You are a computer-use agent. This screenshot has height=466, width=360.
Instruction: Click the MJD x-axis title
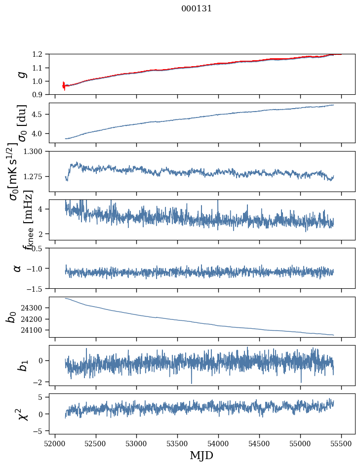tap(201, 455)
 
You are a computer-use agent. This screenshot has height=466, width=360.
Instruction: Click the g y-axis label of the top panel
tap(21, 74)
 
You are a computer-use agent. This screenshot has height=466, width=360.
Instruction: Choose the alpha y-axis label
tap(17, 268)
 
